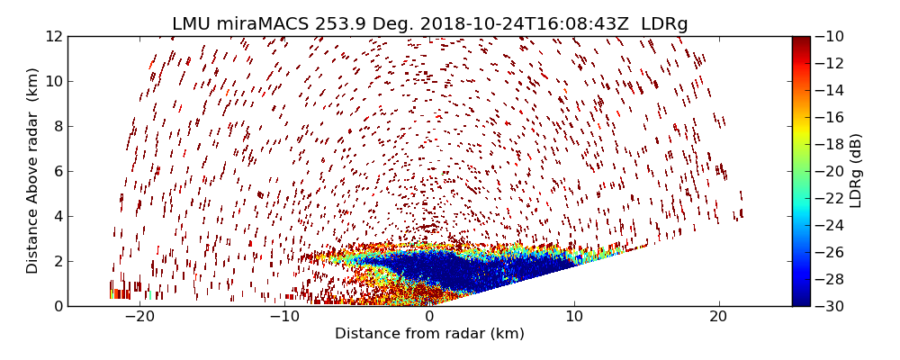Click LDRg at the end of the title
coord(664,24)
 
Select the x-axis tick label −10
coord(283,318)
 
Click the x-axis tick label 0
coord(429,318)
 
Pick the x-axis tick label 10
coord(574,318)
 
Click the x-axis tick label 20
coord(718,318)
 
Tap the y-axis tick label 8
coord(57,127)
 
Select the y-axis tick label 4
coord(57,216)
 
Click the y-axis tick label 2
coord(57,261)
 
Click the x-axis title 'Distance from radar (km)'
coord(429,334)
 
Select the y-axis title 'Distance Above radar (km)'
coord(33,171)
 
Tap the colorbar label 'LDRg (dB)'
coord(856,171)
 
